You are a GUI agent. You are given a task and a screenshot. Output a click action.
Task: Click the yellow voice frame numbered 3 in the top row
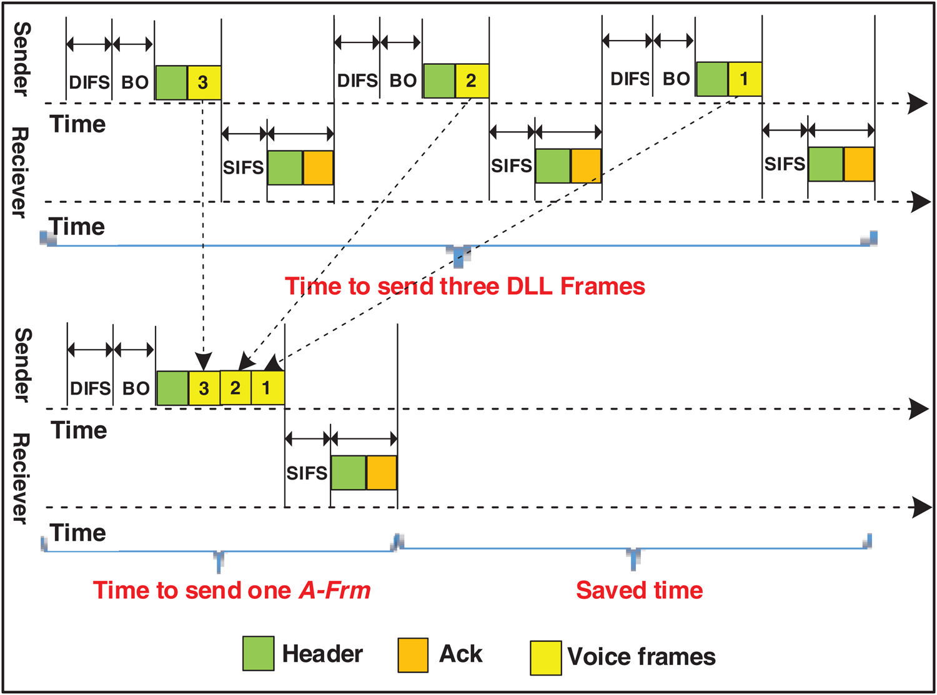204,82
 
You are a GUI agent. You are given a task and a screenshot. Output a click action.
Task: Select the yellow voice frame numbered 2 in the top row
472,81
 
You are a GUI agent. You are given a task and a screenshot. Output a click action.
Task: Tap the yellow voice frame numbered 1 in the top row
745,79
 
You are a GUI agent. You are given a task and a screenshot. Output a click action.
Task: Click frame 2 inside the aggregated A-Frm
235,388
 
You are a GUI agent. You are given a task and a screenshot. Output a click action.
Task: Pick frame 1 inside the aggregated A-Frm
267,388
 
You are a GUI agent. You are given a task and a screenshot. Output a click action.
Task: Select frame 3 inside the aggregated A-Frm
204,388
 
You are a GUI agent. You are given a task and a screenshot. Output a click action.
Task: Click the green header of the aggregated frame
172,388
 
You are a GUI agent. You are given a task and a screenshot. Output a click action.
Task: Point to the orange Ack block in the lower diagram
381,473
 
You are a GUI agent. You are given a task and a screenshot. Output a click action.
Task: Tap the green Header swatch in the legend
258,654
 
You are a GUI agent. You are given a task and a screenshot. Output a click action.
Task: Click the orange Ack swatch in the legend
413,655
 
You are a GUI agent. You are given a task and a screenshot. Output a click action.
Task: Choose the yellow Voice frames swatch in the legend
545,658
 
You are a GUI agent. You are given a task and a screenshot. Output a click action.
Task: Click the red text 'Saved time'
639,590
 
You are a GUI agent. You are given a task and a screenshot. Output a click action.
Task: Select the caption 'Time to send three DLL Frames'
465,286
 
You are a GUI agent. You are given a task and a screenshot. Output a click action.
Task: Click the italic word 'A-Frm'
335,590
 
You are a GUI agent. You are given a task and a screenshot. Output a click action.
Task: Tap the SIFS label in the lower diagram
307,473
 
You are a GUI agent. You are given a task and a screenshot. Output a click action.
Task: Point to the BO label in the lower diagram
136,388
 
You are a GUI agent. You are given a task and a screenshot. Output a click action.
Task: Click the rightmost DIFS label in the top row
630,79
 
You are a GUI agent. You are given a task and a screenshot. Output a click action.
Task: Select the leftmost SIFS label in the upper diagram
243,167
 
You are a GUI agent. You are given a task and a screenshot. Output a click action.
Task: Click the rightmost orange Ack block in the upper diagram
858,164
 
